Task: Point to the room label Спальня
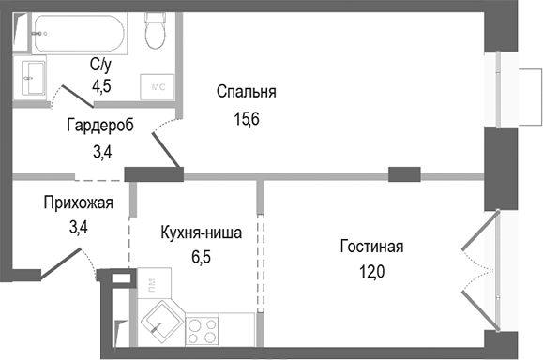[247, 91]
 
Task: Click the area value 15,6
[247, 118]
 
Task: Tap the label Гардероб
[100, 125]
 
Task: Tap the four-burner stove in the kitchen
[203, 329]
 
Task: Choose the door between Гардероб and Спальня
[165, 150]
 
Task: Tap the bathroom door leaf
[73, 97]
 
